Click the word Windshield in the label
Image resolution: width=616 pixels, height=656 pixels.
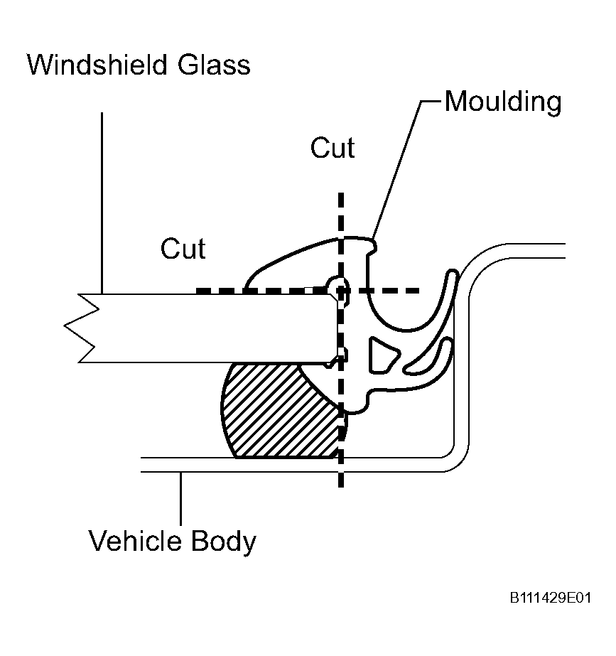tap(97, 65)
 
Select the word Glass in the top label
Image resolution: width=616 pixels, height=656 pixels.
tap(214, 65)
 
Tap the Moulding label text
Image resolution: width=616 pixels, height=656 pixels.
tap(503, 102)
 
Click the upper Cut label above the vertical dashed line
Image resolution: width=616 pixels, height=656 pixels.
tap(333, 148)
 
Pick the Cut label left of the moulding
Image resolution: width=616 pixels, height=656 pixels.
tap(183, 249)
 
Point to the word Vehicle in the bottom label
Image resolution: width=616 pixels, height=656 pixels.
tap(135, 541)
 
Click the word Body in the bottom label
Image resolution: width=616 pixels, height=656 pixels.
tap(224, 542)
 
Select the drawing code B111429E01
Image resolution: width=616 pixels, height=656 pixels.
tap(551, 598)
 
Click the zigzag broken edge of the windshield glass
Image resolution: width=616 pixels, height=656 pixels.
tap(82, 328)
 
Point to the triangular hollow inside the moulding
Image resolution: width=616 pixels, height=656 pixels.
tap(383, 355)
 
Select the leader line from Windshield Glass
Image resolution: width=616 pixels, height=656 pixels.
tap(102, 203)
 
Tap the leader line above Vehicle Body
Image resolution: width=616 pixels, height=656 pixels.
tap(180, 498)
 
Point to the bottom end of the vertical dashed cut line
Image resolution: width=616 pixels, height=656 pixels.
tap(341, 487)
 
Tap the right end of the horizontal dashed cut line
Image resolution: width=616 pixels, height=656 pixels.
tap(419, 291)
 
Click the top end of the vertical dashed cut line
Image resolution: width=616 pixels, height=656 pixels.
tap(341, 193)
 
